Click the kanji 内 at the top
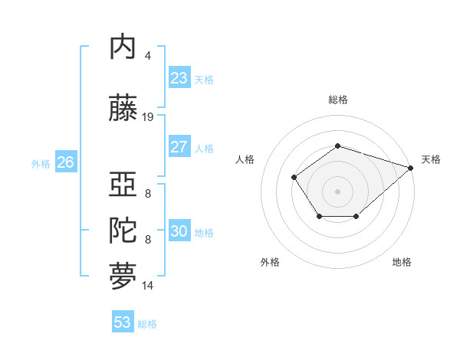point(123,47)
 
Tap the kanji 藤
point(123,109)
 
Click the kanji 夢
point(123,277)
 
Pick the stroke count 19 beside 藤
point(148,117)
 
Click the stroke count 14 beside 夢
point(148,286)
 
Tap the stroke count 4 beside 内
point(148,56)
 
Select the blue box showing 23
point(179,78)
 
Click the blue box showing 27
point(179,147)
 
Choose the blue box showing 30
point(179,231)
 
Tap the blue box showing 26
point(65,162)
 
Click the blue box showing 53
point(123,322)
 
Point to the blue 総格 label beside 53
point(147,324)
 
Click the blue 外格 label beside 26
point(41,163)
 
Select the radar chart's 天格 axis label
point(431,159)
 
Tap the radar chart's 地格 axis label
point(402,262)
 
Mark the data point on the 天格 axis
point(412,167)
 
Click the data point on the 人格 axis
point(294,178)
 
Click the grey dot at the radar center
point(337,191)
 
